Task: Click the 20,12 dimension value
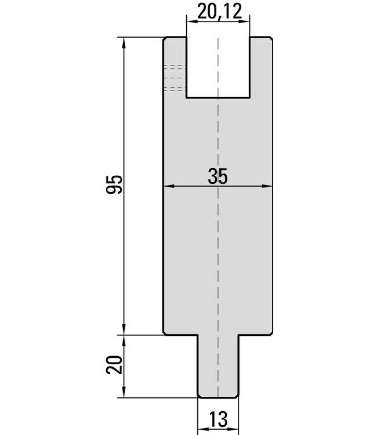[219, 12]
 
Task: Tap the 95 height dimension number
[114, 184]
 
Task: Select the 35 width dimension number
[217, 176]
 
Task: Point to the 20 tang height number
[114, 365]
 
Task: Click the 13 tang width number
[218, 419]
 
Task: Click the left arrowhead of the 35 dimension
[169, 186]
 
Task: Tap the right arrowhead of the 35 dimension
[266, 186]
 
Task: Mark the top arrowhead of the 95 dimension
[124, 42]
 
